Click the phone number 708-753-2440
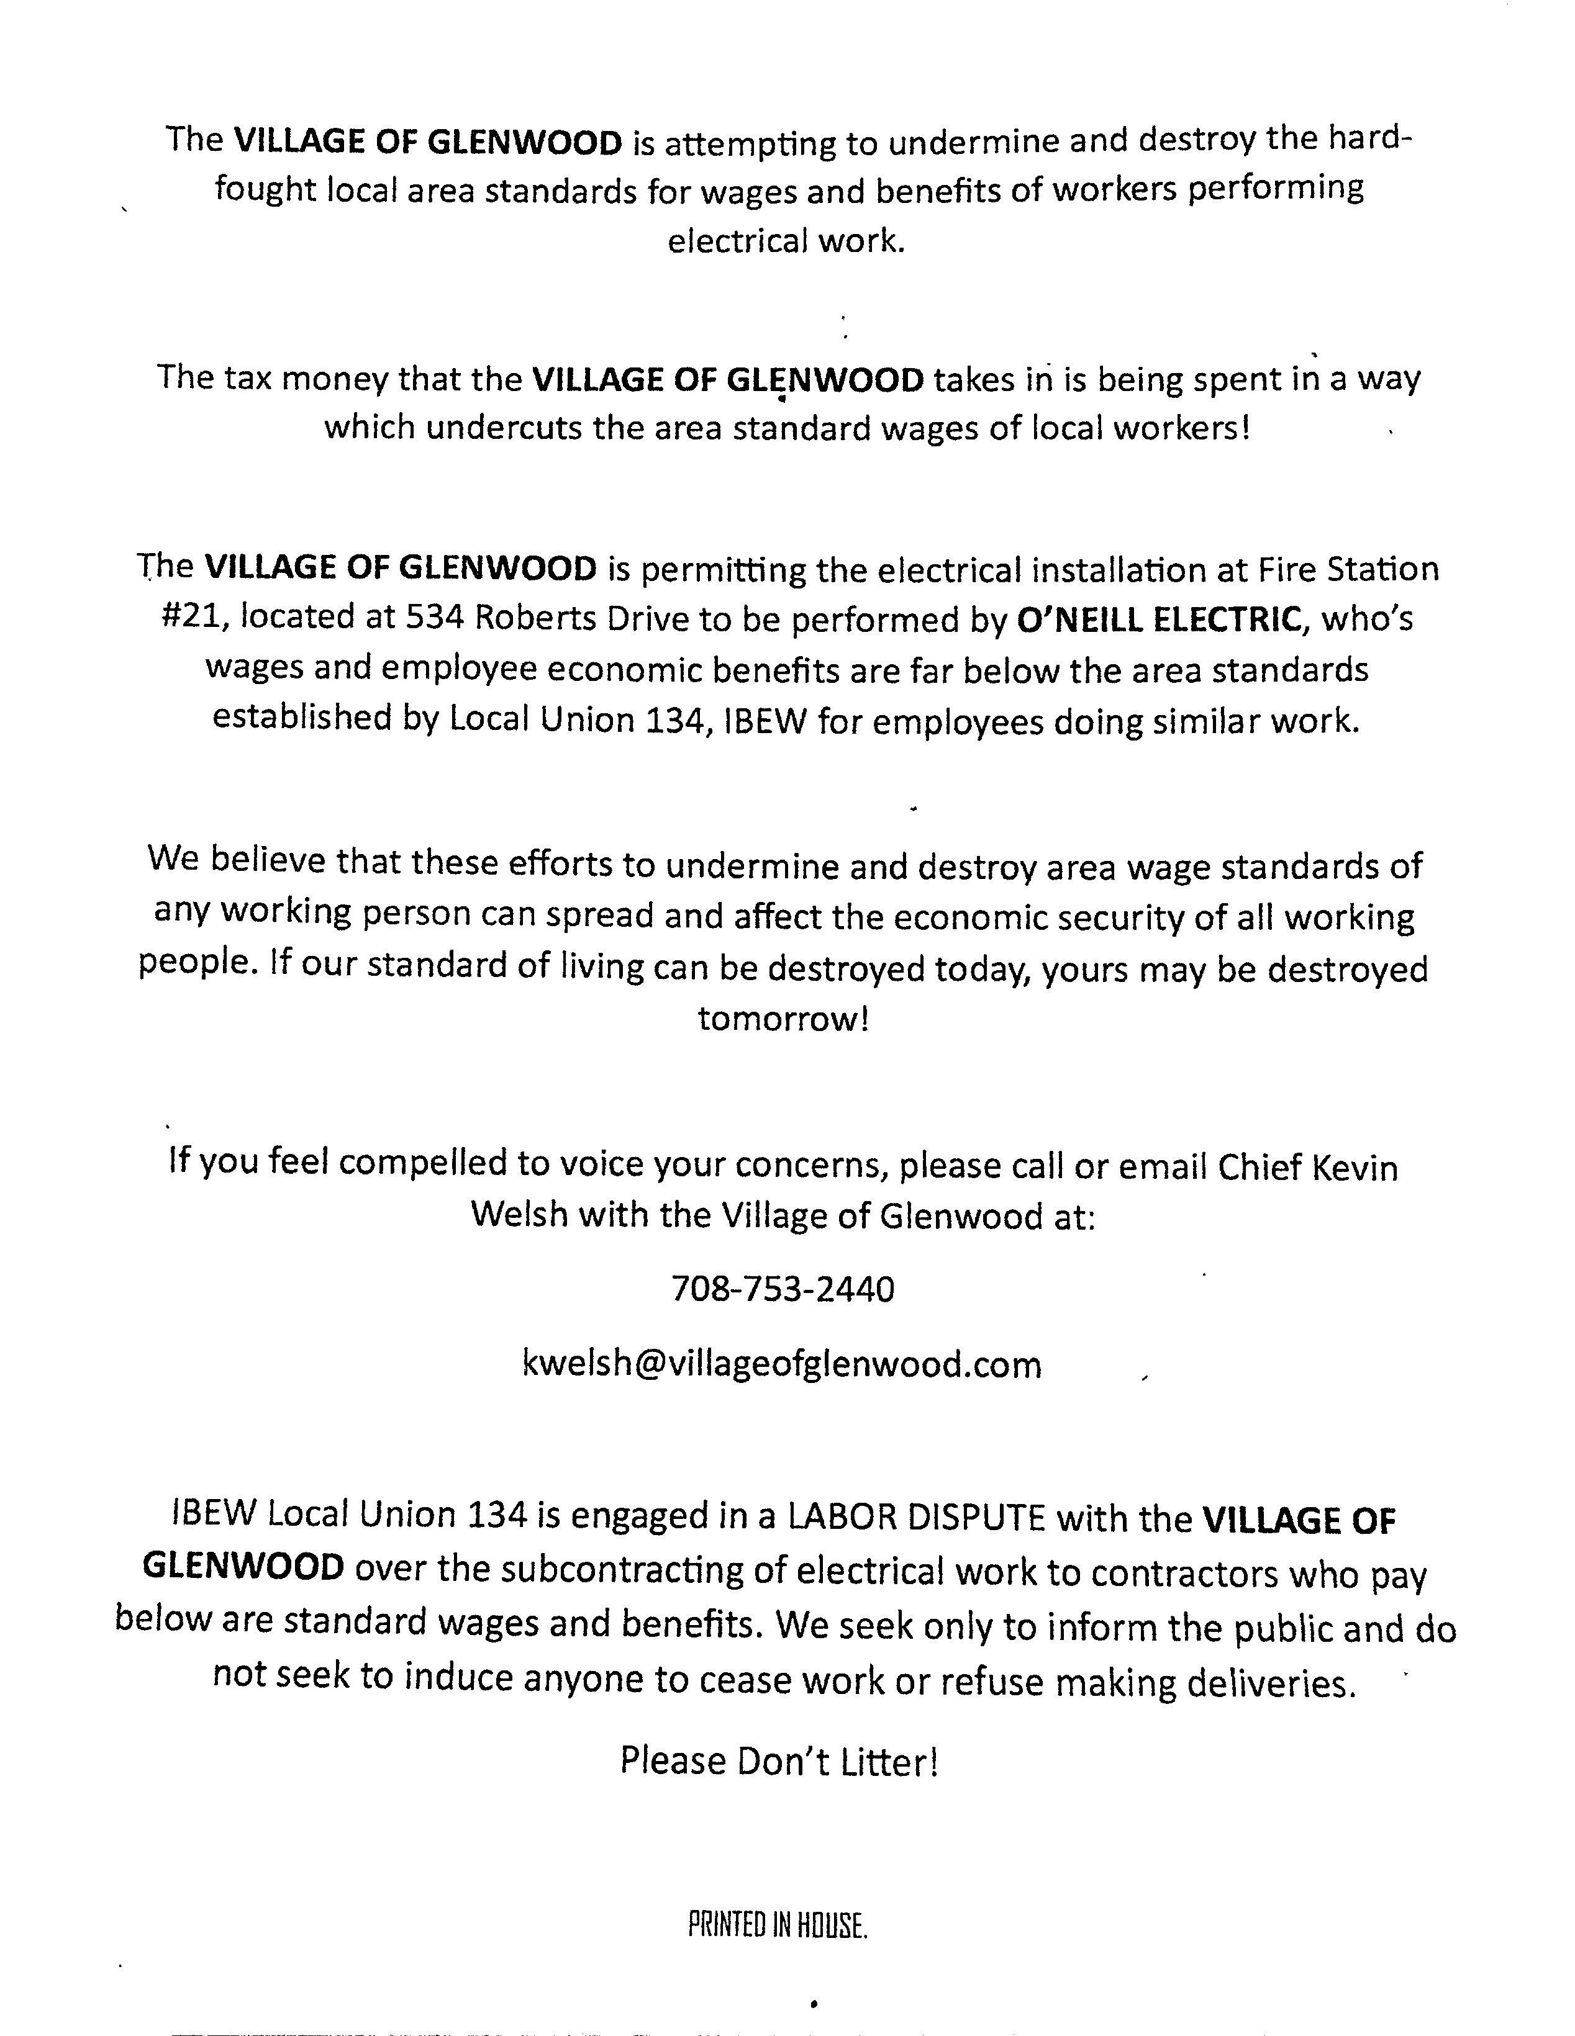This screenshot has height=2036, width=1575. [x=783, y=1289]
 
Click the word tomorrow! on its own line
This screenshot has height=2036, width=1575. [x=783, y=1018]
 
